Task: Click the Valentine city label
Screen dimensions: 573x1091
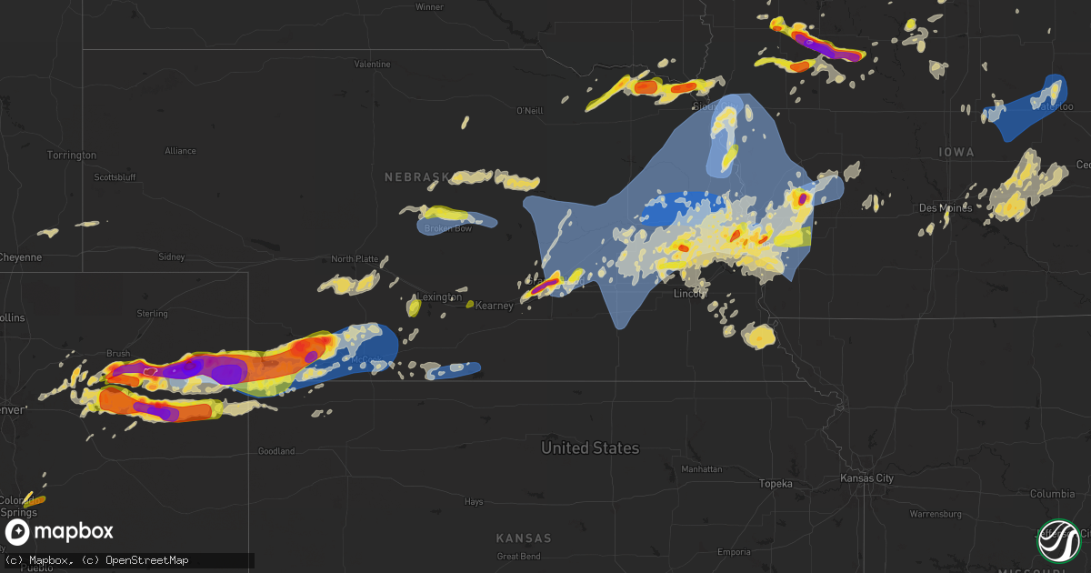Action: pyautogui.click(x=372, y=65)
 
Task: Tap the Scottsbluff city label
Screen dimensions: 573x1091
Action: pyautogui.click(x=114, y=176)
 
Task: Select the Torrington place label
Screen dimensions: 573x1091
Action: pyautogui.click(x=72, y=156)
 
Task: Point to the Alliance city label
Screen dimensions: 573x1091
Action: pyautogui.click(x=180, y=150)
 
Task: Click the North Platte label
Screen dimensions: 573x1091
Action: pyautogui.click(x=355, y=259)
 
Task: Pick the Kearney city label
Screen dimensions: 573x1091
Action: pyautogui.click(x=495, y=306)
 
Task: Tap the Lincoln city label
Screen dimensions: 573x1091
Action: pyautogui.click(x=690, y=294)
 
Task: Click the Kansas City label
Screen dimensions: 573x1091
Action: pyautogui.click(x=866, y=478)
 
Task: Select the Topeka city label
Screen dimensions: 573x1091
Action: pyautogui.click(x=777, y=484)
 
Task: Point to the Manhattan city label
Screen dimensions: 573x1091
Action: pyautogui.click(x=702, y=469)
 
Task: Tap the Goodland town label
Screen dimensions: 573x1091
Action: pyautogui.click(x=276, y=451)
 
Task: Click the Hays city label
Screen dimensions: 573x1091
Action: pyautogui.click(x=474, y=501)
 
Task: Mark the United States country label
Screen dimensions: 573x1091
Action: pyautogui.click(x=590, y=447)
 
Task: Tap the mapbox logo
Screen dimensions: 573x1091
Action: pyautogui.click(x=58, y=532)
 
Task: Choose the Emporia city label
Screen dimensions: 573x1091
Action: pyautogui.click(x=734, y=552)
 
